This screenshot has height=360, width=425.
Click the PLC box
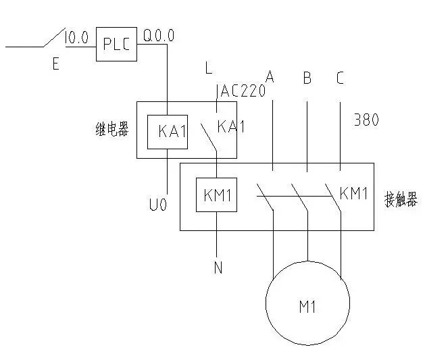click(x=115, y=45)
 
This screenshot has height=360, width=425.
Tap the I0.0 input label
click(x=77, y=38)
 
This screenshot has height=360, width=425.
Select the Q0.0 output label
click(x=159, y=35)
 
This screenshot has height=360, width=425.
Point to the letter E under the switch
click(x=55, y=65)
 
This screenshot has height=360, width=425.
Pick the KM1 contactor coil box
click(x=216, y=195)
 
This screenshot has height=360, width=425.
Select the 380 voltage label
click(x=366, y=120)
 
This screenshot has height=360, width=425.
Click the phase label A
click(x=270, y=78)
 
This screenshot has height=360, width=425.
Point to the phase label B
click(x=307, y=78)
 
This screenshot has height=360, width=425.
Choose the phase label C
click(x=340, y=78)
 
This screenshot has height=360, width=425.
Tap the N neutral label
click(x=218, y=268)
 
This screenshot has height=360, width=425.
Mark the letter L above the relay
click(x=209, y=68)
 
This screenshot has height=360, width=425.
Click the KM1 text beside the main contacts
click(x=353, y=194)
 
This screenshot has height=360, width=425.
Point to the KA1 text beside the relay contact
click(x=231, y=126)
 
